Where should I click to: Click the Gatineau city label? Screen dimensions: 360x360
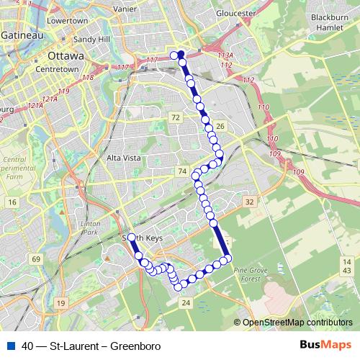21,35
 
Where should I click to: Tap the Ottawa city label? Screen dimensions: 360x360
65,55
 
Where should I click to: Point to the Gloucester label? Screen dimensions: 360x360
237,13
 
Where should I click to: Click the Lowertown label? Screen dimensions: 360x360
67,21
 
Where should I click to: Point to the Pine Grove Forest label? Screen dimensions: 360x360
251,274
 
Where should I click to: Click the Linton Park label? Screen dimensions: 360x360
89,228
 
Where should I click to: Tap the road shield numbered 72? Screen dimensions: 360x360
175,117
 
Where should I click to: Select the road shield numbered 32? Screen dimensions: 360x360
249,202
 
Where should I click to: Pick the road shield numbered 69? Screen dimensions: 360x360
36,258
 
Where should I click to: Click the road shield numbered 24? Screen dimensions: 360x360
186,303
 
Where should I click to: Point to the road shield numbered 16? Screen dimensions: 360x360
12,203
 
